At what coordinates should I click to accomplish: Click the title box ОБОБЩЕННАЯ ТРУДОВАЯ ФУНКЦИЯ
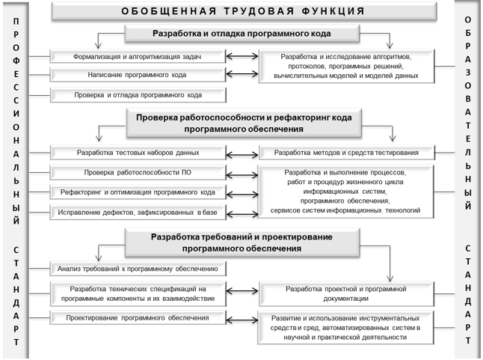243,12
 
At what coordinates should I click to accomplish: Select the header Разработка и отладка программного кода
244,34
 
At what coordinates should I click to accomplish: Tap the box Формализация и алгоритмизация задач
138,56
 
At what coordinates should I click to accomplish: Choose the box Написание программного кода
138,75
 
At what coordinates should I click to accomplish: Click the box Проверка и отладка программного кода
138,95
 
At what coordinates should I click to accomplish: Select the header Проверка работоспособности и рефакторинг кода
244,123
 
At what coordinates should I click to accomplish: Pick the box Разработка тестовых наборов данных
138,153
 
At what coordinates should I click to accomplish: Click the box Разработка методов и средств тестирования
345,153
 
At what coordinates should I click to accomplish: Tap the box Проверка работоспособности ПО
138,172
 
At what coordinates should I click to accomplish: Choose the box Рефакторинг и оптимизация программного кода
138,192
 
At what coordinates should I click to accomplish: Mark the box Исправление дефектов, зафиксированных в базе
138,213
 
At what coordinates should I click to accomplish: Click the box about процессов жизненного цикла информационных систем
345,192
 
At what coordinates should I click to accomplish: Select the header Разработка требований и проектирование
244,242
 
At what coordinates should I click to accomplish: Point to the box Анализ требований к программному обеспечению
138,268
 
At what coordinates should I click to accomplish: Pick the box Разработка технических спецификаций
138,293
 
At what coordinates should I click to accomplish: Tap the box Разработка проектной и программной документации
345,293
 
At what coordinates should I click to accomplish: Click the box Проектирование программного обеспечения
138,318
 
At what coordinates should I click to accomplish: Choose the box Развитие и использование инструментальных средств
345,327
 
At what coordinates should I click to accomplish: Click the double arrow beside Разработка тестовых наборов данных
241,153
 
